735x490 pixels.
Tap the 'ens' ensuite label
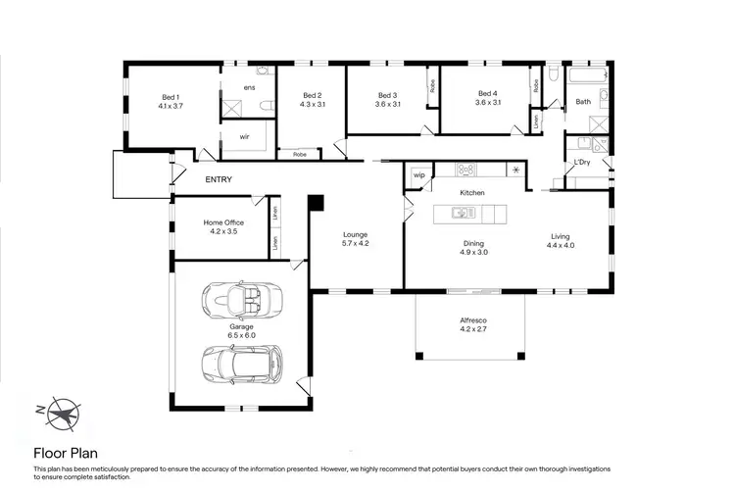point(249,88)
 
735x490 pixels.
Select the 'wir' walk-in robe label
point(245,136)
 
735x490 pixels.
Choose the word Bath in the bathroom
point(582,102)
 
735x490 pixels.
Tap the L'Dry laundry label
point(582,160)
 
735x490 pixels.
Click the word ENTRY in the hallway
point(219,180)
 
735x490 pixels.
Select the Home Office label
point(223,222)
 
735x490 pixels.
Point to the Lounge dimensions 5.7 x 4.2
point(355,243)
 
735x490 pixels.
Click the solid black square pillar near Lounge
point(316,203)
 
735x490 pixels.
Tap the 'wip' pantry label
point(418,175)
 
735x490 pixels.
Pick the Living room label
point(560,235)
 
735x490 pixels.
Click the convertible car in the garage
point(241,297)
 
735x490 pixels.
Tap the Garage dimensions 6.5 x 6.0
point(241,335)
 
